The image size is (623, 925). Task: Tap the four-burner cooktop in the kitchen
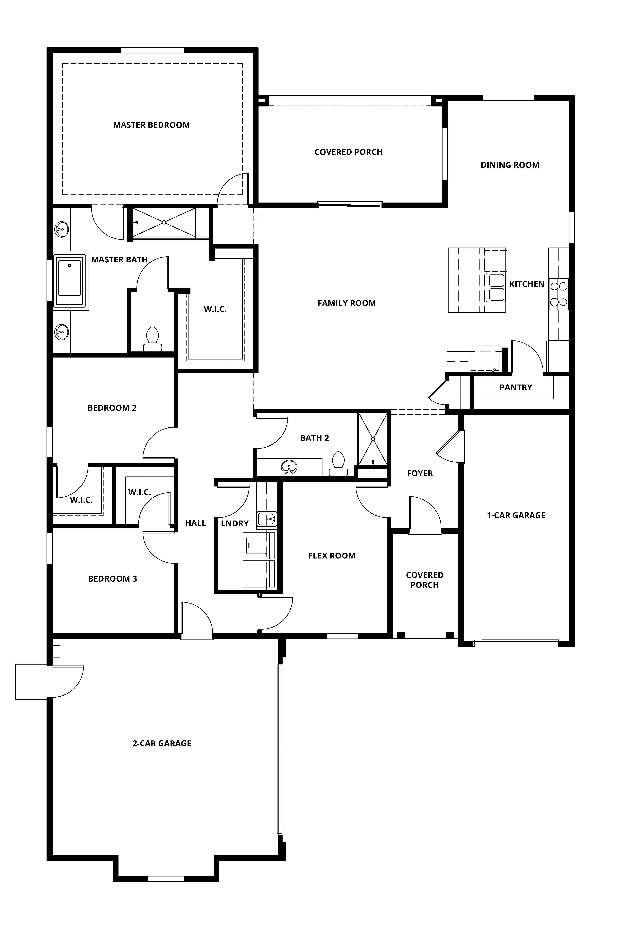pos(559,294)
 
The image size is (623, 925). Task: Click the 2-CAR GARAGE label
pos(162,743)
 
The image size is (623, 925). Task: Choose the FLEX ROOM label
pos(332,556)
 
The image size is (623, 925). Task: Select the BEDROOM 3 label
pos(112,579)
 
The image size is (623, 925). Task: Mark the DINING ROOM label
pos(510,165)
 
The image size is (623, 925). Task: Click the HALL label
pos(196,523)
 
